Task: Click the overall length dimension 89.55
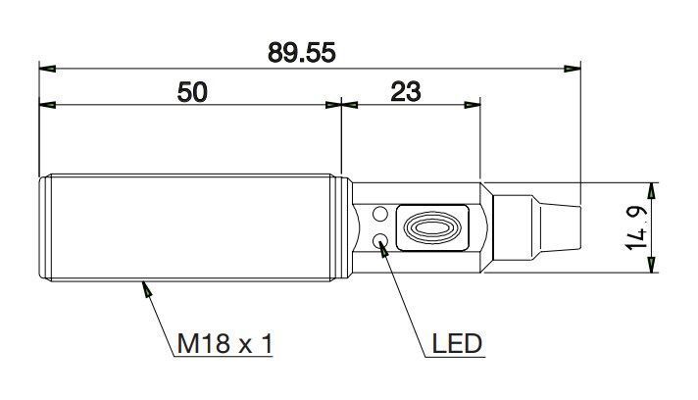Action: (301, 53)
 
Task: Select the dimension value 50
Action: (192, 92)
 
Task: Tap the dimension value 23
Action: (406, 91)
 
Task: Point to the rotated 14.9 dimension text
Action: (636, 227)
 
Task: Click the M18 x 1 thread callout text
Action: (224, 343)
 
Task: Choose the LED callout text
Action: (457, 343)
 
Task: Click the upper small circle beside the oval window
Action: (379, 214)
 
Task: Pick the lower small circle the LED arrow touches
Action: (379, 241)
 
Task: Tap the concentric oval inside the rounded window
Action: (431, 227)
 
